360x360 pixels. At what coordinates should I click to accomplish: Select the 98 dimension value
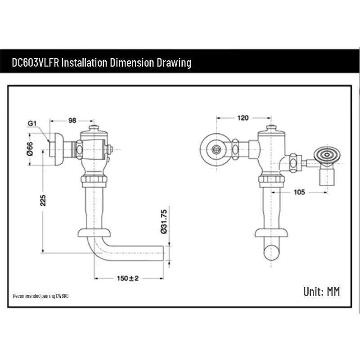point(72,120)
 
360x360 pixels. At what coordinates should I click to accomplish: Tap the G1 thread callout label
point(31,123)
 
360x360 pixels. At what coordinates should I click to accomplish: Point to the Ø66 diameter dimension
point(30,148)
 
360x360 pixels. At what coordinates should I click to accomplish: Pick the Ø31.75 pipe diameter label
point(164,221)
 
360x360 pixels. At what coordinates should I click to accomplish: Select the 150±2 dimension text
point(127,278)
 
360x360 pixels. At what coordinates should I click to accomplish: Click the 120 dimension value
point(243,118)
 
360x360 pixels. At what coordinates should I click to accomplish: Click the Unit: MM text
point(321,292)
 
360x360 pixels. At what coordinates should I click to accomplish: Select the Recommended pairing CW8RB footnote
point(41,296)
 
